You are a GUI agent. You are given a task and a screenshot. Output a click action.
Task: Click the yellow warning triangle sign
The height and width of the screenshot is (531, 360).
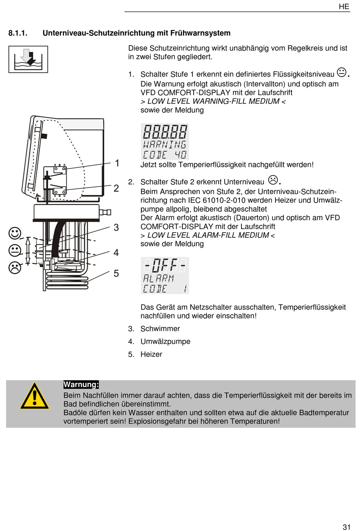(x=34, y=396)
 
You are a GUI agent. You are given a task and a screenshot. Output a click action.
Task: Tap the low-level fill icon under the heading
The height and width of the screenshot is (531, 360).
(x=28, y=60)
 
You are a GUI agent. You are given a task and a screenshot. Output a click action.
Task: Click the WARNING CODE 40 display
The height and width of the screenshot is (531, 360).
(x=165, y=141)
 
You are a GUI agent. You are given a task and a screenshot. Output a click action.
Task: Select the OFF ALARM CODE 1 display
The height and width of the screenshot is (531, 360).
(x=165, y=275)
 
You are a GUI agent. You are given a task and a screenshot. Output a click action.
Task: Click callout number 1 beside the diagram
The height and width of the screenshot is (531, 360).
(x=117, y=163)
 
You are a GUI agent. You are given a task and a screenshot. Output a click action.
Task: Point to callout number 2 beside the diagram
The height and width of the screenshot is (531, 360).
(x=116, y=188)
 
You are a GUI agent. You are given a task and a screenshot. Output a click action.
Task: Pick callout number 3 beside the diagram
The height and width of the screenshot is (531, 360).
(x=116, y=228)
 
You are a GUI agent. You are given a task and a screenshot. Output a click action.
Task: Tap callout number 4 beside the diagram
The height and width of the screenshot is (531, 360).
(x=116, y=253)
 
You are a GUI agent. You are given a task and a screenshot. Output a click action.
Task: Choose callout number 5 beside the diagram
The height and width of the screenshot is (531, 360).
(x=116, y=273)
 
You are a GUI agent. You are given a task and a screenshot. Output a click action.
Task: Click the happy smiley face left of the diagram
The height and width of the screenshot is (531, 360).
(x=15, y=233)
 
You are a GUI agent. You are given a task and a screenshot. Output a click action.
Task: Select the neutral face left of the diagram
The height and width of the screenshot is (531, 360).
(x=15, y=250)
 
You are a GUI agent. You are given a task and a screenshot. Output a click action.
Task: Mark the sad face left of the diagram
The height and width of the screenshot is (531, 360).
(x=15, y=268)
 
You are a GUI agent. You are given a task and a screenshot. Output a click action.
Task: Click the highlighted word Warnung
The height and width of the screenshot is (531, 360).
(x=81, y=385)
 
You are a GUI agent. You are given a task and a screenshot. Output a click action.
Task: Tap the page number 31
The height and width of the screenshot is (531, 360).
(x=347, y=527)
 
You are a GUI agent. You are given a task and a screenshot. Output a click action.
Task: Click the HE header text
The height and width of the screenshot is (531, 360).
(x=344, y=6)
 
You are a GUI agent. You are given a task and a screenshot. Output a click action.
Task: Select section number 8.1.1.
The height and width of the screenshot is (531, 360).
(x=18, y=33)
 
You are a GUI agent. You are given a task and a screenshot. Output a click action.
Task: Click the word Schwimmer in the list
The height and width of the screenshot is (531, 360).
(x=160, y=329)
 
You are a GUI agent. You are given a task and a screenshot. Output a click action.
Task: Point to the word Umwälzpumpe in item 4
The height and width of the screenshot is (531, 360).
(x=166, y=342)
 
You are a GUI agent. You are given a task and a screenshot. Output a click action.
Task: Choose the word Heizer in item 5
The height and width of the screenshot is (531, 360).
(x=152, y=355)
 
